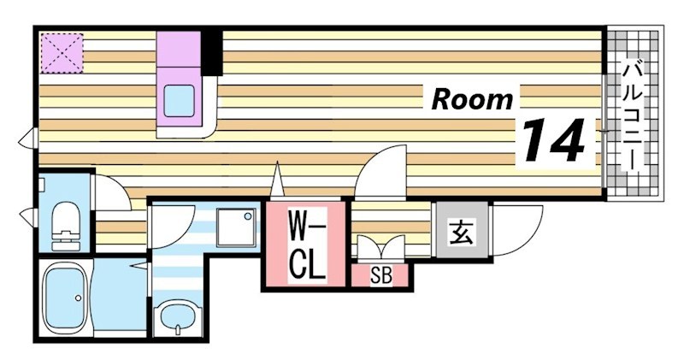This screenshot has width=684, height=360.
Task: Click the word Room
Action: point(472,99)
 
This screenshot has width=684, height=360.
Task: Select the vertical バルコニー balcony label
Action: point(632,115)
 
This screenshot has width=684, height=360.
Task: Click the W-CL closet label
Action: point(306,247)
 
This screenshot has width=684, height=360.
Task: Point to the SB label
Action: point(380,276)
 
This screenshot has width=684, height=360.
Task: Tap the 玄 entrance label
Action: point(461,230)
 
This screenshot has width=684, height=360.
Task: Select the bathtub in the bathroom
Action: point(64,300)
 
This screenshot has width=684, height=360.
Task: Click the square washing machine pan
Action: point(235,227)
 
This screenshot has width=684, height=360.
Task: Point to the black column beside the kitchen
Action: point(210,53)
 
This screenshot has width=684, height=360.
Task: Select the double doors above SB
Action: point(380,247)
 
